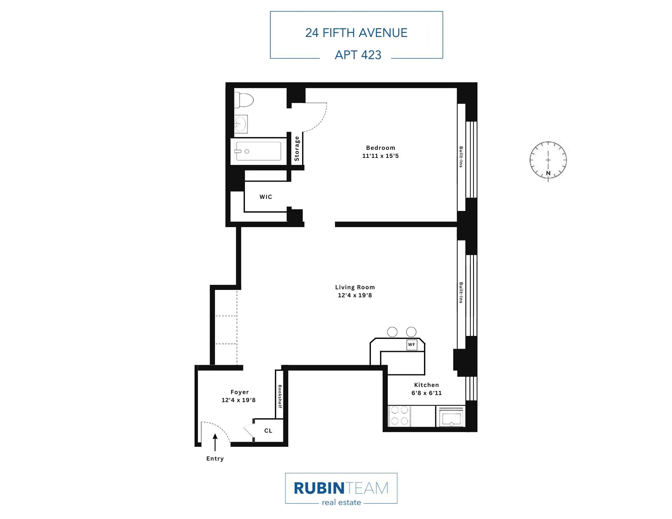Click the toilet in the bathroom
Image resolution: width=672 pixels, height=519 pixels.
[x=244, y=100]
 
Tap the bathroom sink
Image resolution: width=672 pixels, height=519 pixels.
[x=241, y=124]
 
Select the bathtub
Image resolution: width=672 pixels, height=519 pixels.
[x=258, y=151]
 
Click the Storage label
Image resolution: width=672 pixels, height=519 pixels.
[x=297, y=148]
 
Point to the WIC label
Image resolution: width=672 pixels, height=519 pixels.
[x=266, y=197]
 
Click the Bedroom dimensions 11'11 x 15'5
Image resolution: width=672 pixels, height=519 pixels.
[x=380, y=156]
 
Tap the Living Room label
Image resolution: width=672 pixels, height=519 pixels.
[x=355, y=287]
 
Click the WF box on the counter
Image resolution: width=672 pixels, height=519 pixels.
[x=412, y=345]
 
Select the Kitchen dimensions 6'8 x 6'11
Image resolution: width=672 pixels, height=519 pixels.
[x=426, y=393]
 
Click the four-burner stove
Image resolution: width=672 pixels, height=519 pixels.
[x=400, y=416]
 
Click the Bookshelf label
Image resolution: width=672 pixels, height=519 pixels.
[x=280, y=396]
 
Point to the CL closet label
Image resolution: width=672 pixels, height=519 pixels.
[x=268, y=431]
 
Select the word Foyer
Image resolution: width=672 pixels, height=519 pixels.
[x=240, y=392]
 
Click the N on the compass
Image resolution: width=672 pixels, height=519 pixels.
[x=548, y=173]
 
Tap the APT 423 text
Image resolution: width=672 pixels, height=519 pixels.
[x=358, y=55]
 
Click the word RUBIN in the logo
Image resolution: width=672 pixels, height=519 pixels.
[x=319, y=488]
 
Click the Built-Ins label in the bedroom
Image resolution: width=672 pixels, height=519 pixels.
[x=461, y=157]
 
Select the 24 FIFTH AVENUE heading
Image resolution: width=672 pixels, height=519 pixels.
[x=356, y=33]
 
